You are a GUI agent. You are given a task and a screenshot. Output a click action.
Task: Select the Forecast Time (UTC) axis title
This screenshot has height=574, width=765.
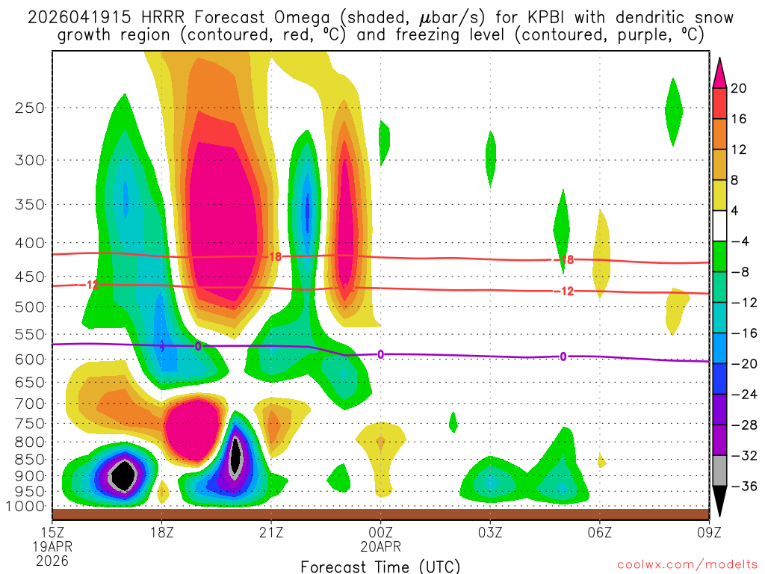[380, 566]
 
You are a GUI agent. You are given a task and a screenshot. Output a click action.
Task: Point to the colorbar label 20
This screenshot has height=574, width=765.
[739, 88]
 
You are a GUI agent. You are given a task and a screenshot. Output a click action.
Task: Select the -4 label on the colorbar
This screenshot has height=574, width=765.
[739, 241]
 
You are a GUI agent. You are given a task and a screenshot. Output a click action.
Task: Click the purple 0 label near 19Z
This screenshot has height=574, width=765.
[198, 346]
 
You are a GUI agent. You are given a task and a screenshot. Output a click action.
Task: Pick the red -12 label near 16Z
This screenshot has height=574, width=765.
[92, 285]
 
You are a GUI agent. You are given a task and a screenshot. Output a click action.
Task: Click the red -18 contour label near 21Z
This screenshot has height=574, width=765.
[274, 256]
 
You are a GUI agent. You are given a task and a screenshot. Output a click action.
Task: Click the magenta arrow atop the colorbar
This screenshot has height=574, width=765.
[720, 72]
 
